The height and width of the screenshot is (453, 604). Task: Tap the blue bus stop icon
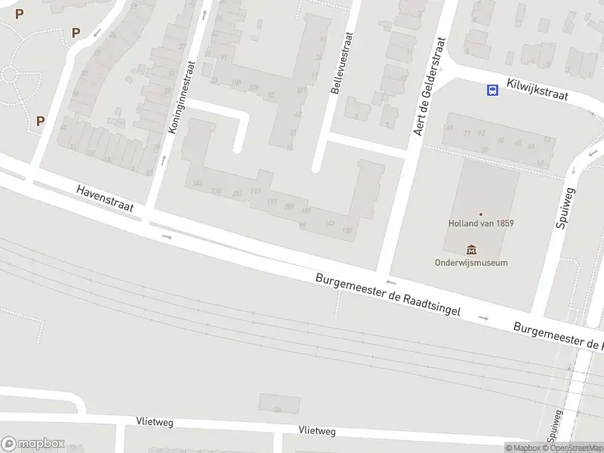(x=492, y=91)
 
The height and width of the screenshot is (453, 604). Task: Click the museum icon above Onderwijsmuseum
(x=472, y=250)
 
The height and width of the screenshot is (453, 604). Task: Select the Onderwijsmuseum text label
(x=471, y=263)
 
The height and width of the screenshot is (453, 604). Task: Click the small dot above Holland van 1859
(x=480, y=214)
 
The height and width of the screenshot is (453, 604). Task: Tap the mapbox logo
(x=33, y=443)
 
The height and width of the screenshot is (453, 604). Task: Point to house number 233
(x=198, y=183)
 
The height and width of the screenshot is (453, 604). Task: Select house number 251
(x=238, y=194)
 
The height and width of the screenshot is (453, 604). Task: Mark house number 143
(x=329, y=223)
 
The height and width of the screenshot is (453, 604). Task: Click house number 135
(x=347, y=230)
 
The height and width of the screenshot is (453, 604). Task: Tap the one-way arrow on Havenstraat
(x=167, y=237)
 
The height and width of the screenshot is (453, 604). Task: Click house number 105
(x=236, y=83)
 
